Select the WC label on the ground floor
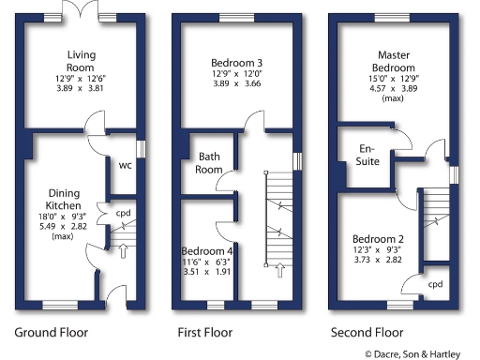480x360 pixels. [x=124, y=166]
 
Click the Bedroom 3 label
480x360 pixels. [x=237, y=64]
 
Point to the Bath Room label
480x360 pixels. [x=208, y=163]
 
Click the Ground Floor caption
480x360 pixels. [x=51, y=332]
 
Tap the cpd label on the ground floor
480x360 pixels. [x=123, y=212]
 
